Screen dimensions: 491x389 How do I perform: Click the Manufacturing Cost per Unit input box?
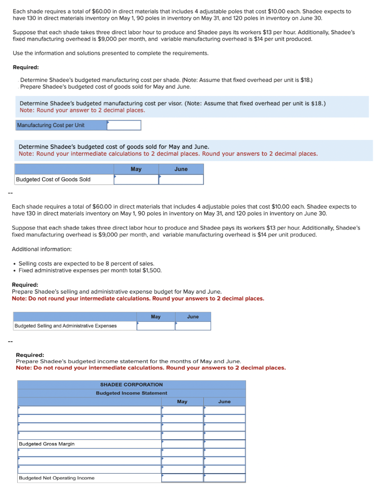point(124,125)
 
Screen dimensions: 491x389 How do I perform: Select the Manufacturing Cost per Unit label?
point(50,125)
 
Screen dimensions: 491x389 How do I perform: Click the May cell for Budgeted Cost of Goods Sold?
point(136,179)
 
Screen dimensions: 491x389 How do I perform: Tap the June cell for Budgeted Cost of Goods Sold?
point(181,179)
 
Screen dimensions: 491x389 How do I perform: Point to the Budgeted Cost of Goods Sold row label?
point(53,179)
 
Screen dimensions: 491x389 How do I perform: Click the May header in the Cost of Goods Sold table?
point(136,169)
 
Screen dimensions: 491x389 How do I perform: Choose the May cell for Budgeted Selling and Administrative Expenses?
point(156,326)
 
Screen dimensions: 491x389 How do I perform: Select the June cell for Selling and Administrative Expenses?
point(193,326)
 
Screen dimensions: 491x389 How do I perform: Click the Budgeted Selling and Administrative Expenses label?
point(66,326)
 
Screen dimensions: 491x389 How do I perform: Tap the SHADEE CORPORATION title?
point(131,385)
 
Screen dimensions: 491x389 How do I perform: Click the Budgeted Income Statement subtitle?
point(131,393)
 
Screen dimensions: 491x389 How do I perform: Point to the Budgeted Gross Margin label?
point(47,444)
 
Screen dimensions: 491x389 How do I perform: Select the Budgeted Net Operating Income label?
point(57,478)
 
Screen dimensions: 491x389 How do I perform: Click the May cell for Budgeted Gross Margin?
point(182,444)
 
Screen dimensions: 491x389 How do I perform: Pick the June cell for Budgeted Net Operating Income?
point(224,478)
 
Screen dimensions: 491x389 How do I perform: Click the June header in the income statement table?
point(224,401)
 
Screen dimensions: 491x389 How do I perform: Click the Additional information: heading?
point(42,249)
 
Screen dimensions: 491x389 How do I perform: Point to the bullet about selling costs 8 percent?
point(86,263)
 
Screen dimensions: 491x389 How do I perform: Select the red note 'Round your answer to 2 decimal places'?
point(82,110)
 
